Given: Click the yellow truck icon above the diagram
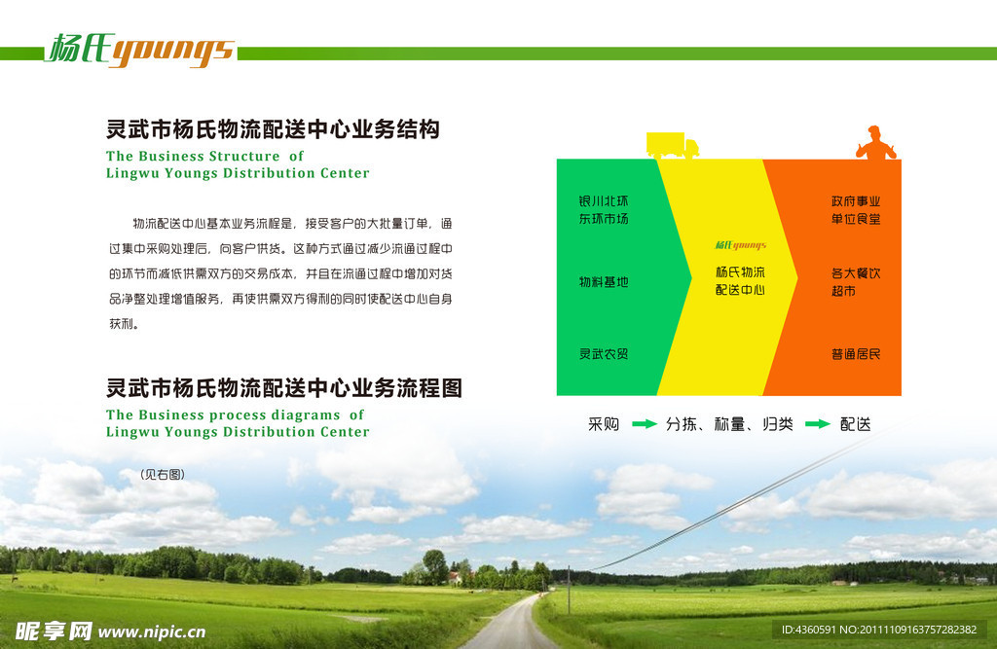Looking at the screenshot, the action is pyautogui.click(x=672, y=145).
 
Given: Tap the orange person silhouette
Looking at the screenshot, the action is pyautogui.click(x=875, y=142).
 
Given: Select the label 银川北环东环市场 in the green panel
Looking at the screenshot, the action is pyautogui.click(x=604, y=210).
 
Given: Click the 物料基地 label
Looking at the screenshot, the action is pyautogui.click(x=604, y=281).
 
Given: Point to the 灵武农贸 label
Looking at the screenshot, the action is pyautogui.click(x=604, y=354).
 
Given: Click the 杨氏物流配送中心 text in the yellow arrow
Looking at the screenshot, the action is pyautogui.click(x=740, y=281).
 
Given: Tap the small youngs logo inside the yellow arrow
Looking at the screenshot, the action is pyautogui.click(x=741, y=245).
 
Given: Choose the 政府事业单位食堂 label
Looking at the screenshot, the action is pyautogui.click(x=856, y=210).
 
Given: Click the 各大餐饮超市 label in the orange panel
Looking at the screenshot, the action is pyautogui.click(x=856, y=281).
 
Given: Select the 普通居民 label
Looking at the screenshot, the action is pyautogui.click(x=856, y=354).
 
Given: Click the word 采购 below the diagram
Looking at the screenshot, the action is pyautogui.click(x=604, y=424).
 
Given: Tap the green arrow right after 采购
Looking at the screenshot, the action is pyautogui.click(x=645, y=424).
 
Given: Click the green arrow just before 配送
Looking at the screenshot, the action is pyautogui.click(x=818, y=424).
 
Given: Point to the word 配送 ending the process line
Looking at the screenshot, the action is pyautogui.click(x=855, y=424).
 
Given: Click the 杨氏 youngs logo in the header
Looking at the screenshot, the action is pyautogui.click(x=140, y=50).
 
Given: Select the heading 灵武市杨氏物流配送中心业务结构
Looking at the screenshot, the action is pyautogui.click(x=273, y=129).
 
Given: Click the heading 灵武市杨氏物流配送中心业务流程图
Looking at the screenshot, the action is pyautogui.click(x=283, y=388).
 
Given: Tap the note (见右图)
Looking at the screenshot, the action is pyautogui.click(x=163, y=474).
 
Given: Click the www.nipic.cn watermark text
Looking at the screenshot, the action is pyautogui.click(x=151, y=631).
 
